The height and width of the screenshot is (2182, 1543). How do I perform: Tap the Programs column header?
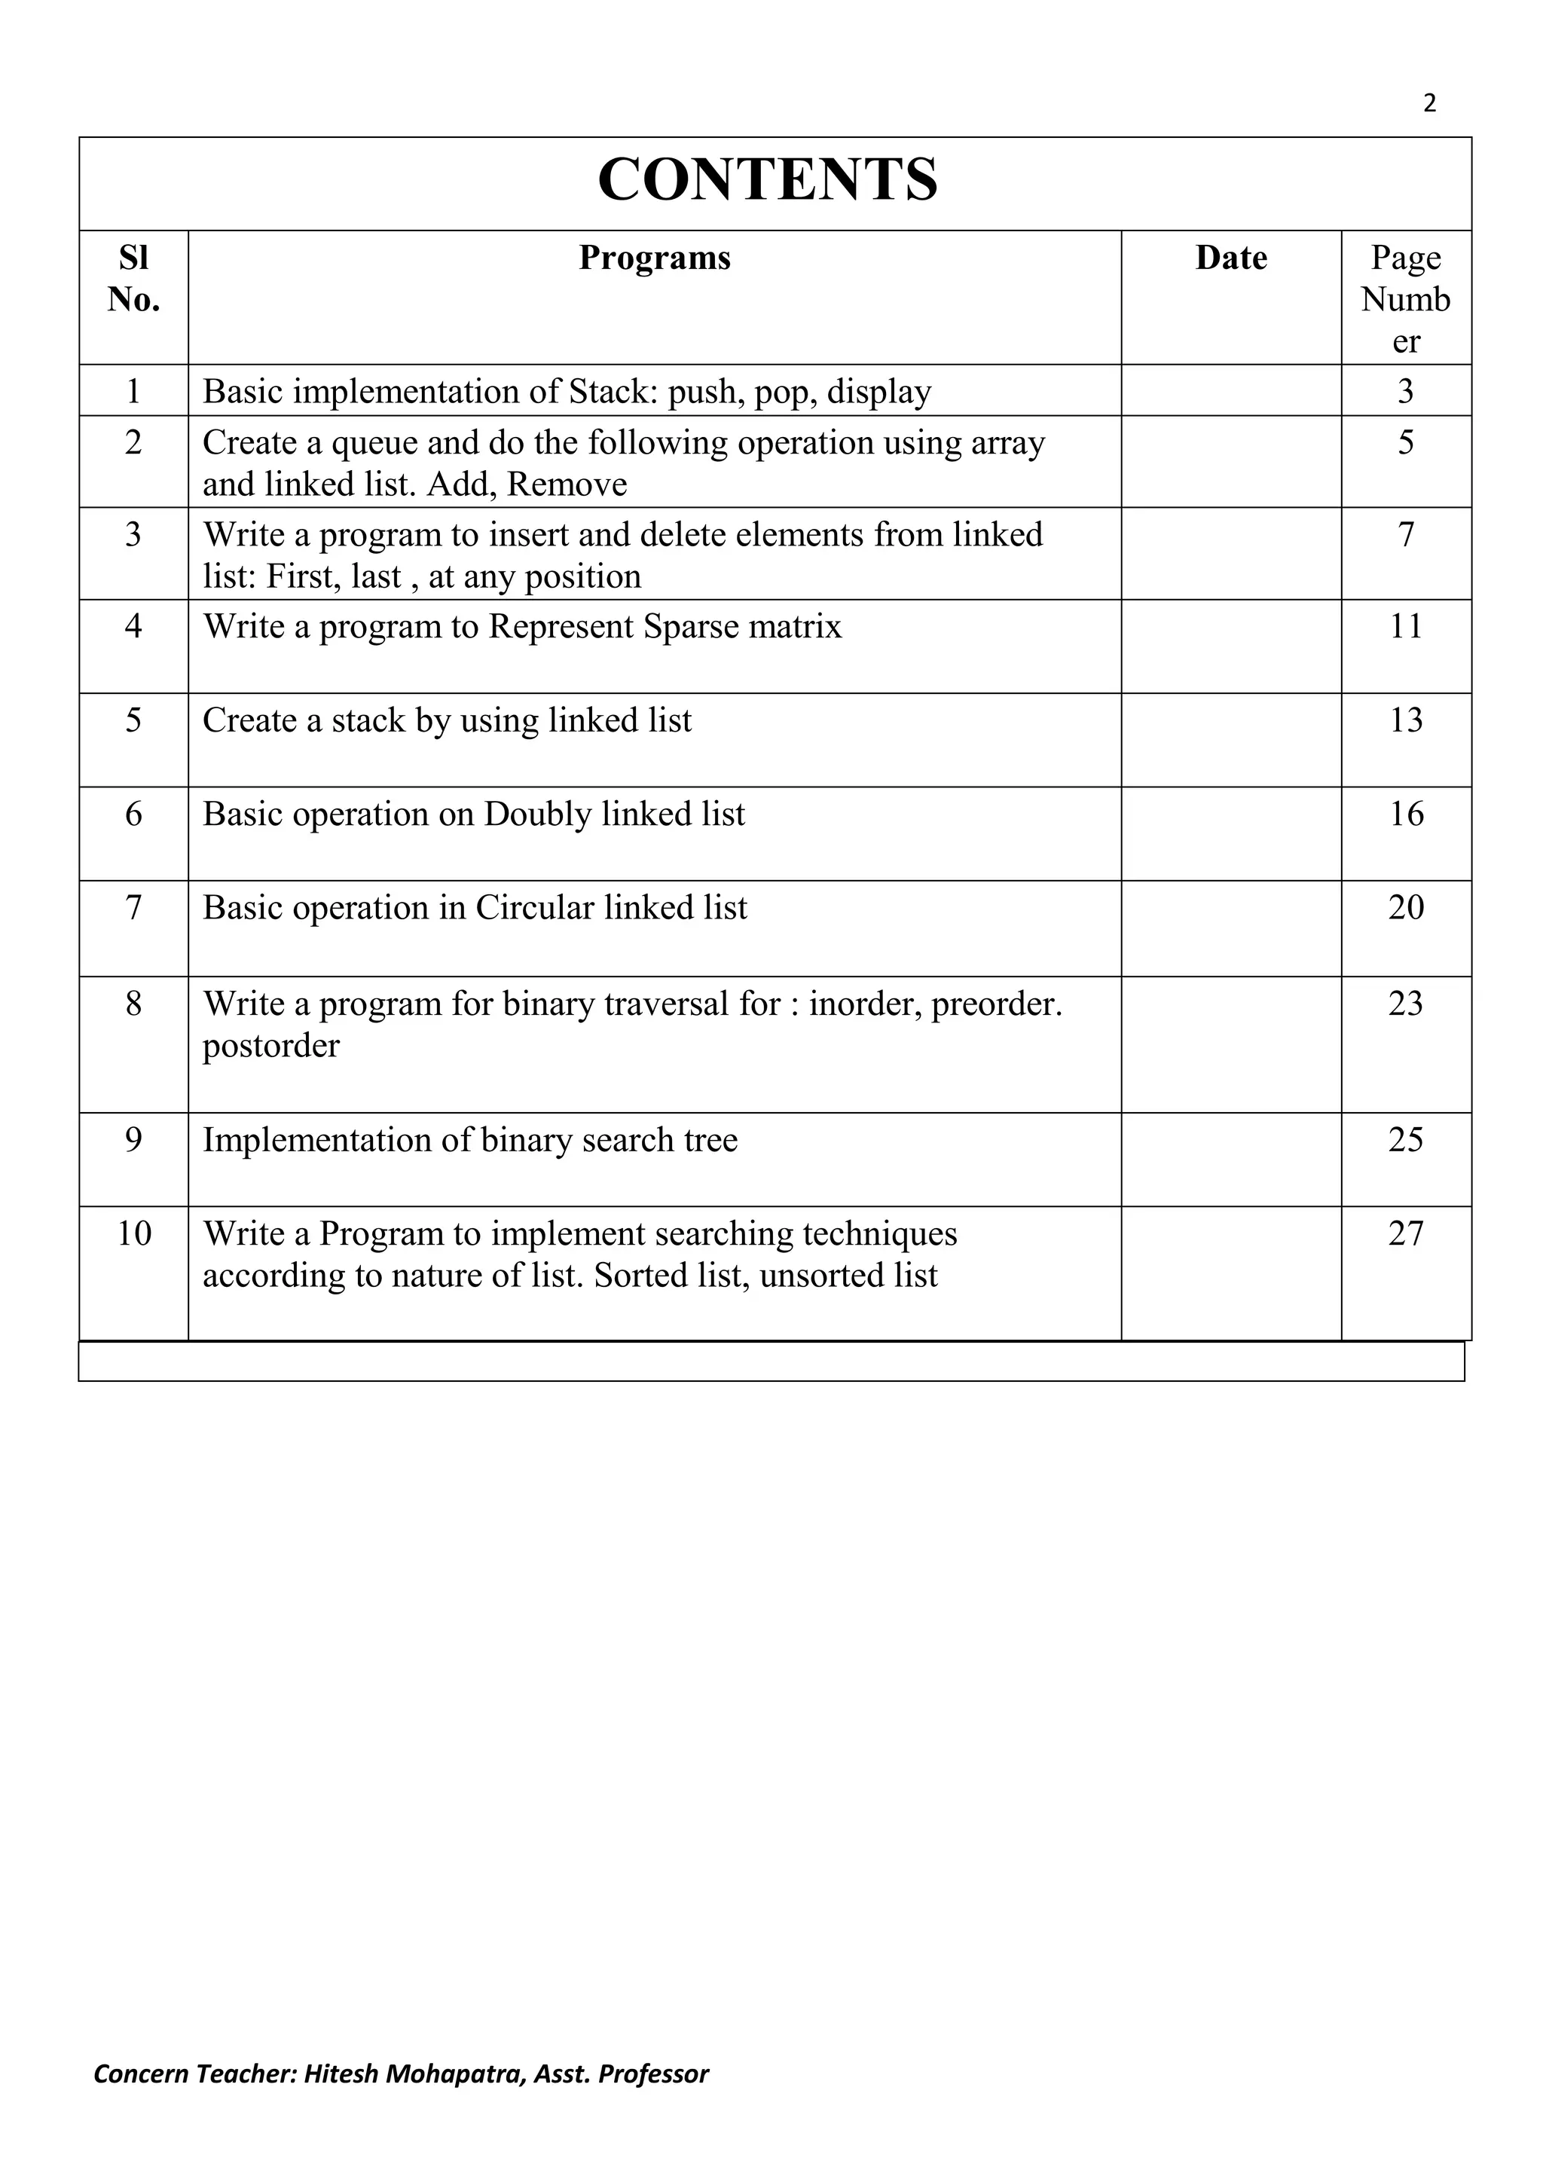[655, 258]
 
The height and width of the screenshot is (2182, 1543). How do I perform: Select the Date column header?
[1230, 258]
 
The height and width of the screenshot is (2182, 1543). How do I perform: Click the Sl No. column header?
[134, 279]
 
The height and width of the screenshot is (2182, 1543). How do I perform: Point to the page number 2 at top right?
[1429, 103]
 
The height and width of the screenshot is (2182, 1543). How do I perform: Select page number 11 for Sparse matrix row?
[1405, 626]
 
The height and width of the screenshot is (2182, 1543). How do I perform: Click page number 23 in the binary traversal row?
[1405, 1004]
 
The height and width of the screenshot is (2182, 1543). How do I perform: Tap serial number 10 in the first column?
[134, 1233]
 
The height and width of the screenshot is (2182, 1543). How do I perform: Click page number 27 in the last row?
[1405, 1233]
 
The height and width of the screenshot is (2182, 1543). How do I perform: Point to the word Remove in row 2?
[567, 484]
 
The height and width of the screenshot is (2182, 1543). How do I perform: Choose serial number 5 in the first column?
[134, 720]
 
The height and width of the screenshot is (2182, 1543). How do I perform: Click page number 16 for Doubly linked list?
[1405, 814]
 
